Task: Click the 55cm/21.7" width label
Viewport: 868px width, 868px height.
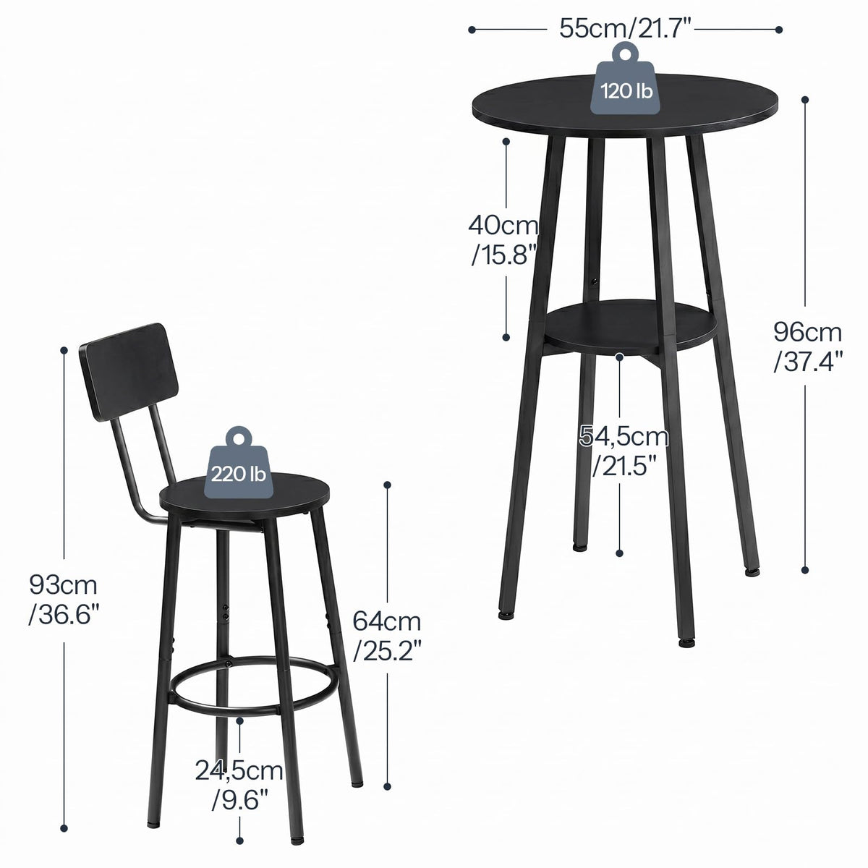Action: (x=625, y=29)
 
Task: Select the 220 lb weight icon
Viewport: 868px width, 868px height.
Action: (x=239, y=463)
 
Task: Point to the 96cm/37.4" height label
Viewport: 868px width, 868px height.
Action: (x=808, y=346)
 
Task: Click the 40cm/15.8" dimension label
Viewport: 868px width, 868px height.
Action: (x=503, y=239)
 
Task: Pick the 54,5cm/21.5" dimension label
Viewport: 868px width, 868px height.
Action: (x=624, y=451)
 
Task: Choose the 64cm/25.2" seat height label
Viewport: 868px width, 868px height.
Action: (x=387, y=636)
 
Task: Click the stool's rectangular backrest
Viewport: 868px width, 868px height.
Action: (x=129, y=372)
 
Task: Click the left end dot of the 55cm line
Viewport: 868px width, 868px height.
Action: (x=472, y=30)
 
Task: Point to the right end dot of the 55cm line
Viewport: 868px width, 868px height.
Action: (x=779, y=30)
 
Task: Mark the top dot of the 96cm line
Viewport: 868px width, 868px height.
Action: (x=805, y=100)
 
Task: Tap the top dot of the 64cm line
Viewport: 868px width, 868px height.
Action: (x=388, y=485)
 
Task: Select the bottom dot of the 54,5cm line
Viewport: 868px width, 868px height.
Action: (x=620, y=553)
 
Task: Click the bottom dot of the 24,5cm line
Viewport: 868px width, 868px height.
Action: (x=239, y=841)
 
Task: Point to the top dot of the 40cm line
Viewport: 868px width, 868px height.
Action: (x=506, y=142)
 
